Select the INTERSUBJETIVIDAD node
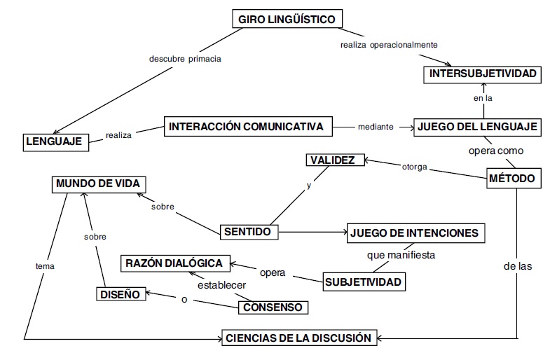tap(483, 74)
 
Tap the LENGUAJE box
tap(54, 141)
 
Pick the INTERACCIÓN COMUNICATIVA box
tap(246, 127)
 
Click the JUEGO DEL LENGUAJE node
tap(477, 127)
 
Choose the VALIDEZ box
tap(336, 160)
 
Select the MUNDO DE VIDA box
tap(98, 184)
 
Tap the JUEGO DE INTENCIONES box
tap(416, 233)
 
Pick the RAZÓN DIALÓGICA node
tap(175, 263)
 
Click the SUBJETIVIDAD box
tap(364, 282)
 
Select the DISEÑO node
tap(121, 294)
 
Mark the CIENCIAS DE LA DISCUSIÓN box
tap(298, 338)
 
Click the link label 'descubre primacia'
tap(185, 59)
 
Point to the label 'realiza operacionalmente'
tap(389, 45)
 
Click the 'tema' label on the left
tap(44, 266)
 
